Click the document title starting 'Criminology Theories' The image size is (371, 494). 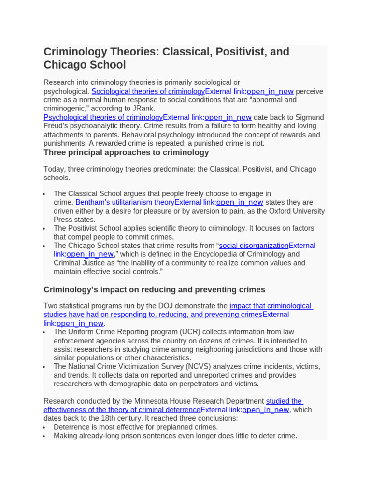click(166, 58)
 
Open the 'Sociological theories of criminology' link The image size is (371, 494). click(148, 91)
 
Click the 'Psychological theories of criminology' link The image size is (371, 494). click(103, 117)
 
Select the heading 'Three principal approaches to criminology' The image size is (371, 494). click(126, 152)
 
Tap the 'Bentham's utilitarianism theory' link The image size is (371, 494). click(125, 202)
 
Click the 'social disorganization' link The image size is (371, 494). click(254, 246)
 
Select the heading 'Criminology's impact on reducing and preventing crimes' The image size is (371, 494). click(154, 289)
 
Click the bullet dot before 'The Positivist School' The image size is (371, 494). click(44, 229)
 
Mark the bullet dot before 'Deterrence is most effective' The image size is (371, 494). click(44, 427)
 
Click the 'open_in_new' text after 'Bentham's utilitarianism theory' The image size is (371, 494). click(240, 202)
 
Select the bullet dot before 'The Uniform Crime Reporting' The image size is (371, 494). click(44, 332)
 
